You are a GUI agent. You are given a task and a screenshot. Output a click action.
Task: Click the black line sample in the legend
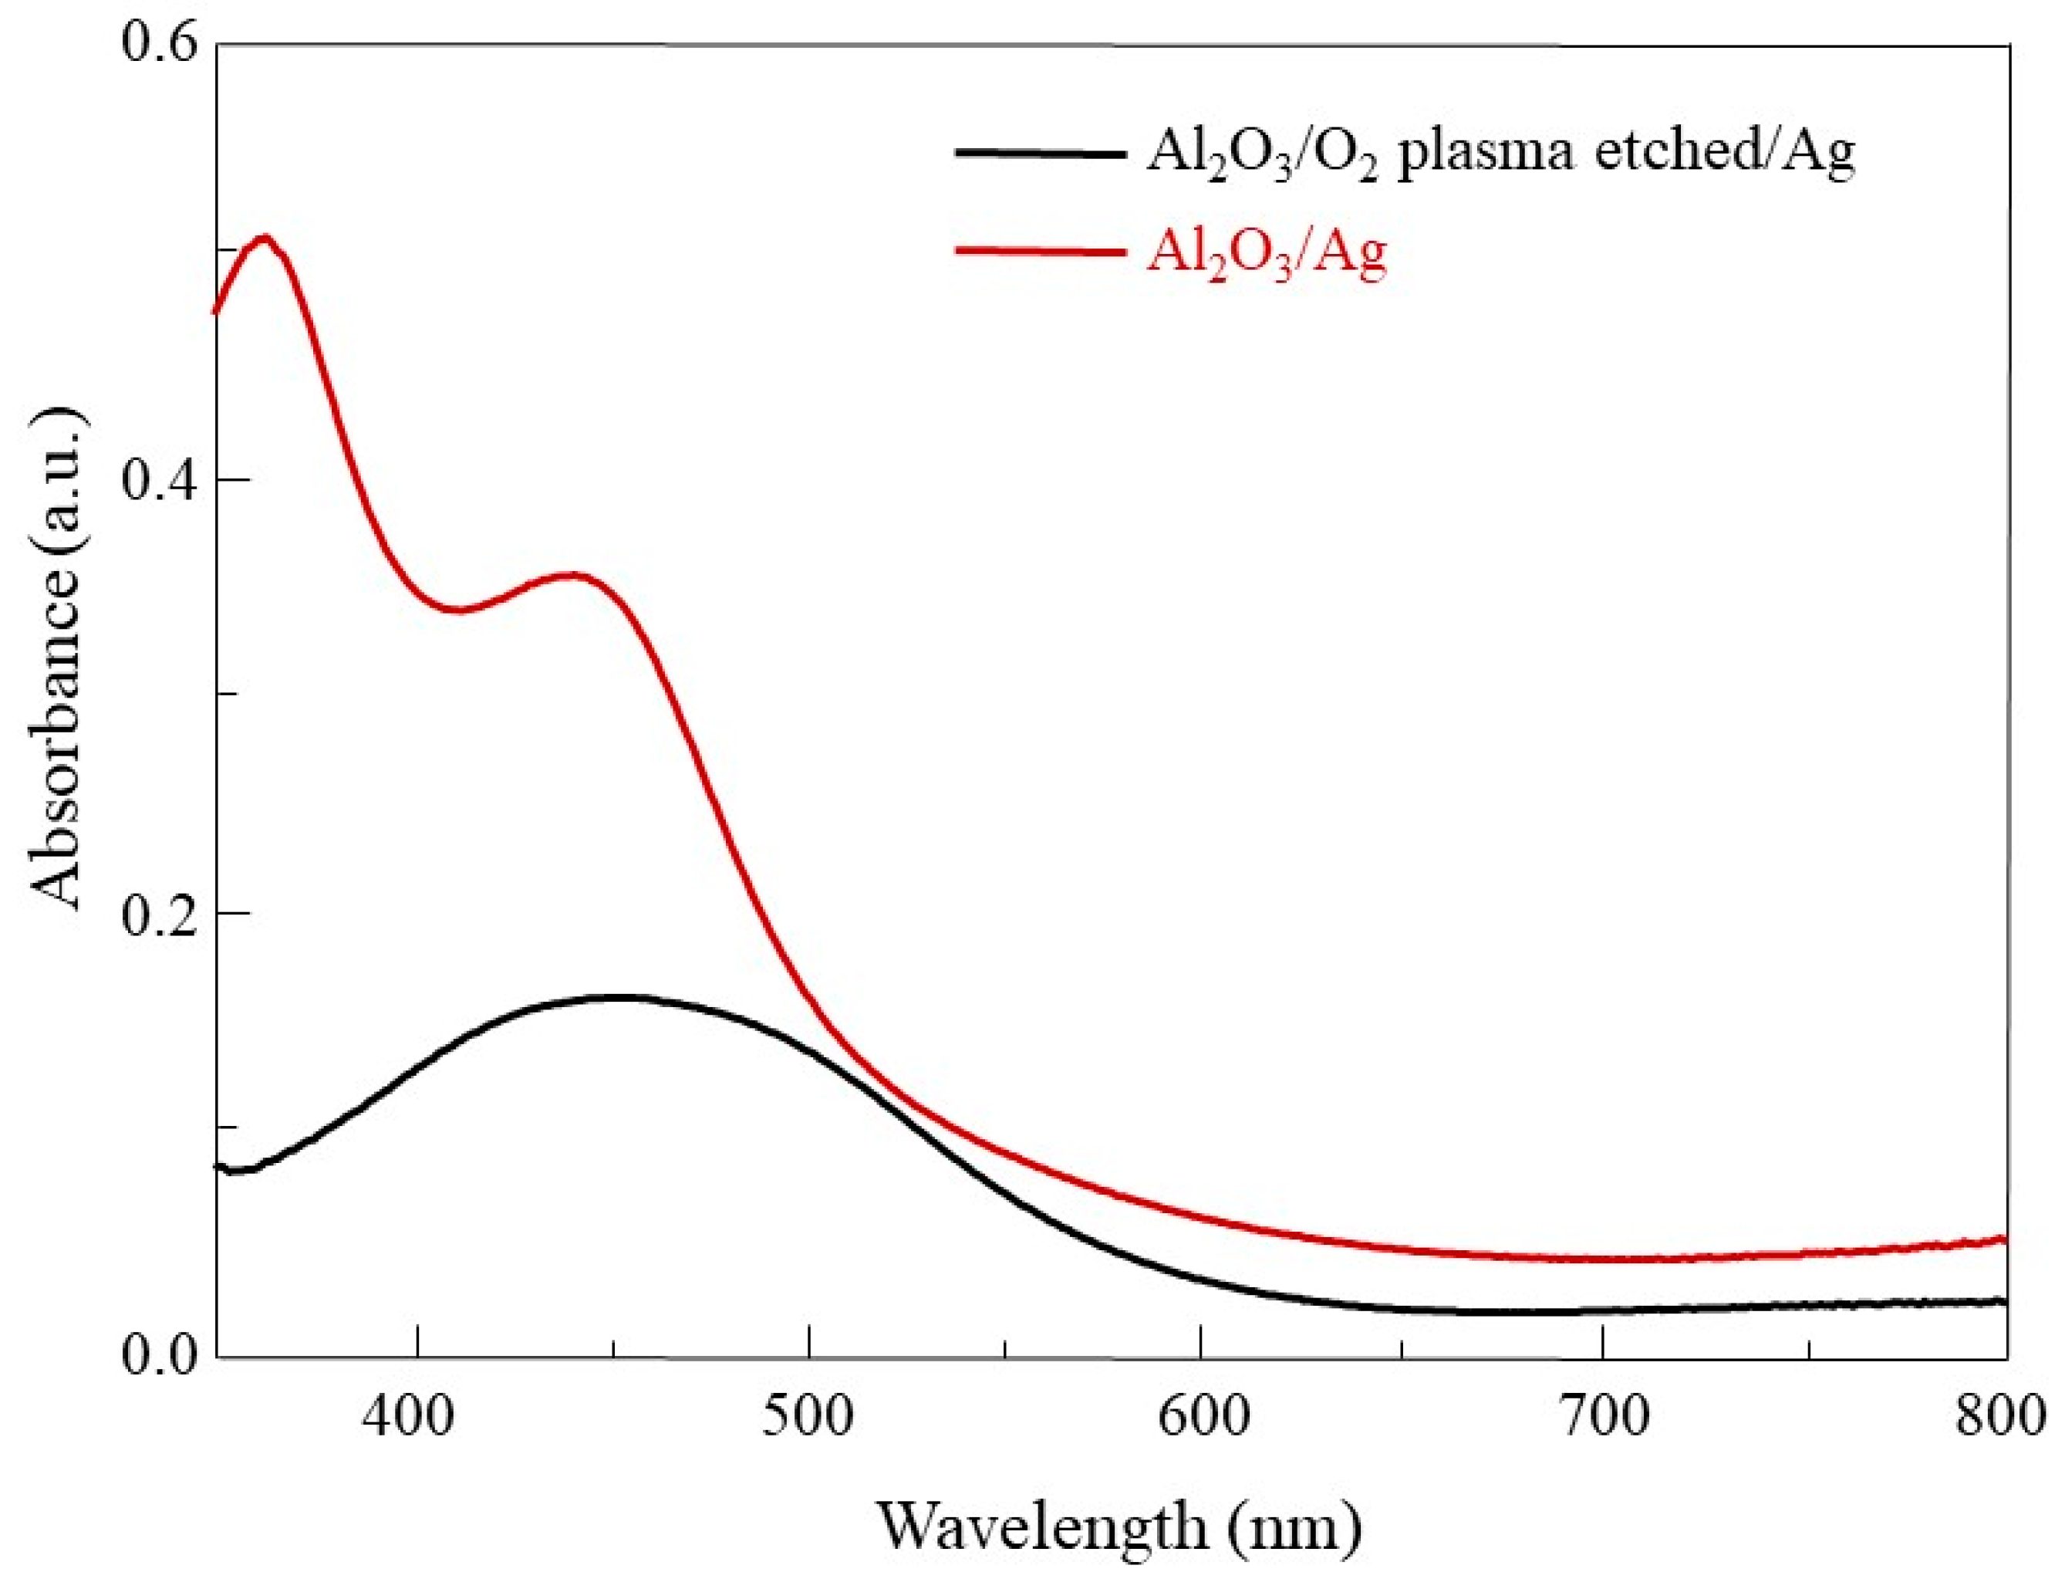coord(1040,152)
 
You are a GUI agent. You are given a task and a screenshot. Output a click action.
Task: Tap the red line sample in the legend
coord(1040,251)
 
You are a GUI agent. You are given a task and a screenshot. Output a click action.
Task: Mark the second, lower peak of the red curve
coord(572,574)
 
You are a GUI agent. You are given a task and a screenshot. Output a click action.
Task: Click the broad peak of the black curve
coord(616,996)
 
